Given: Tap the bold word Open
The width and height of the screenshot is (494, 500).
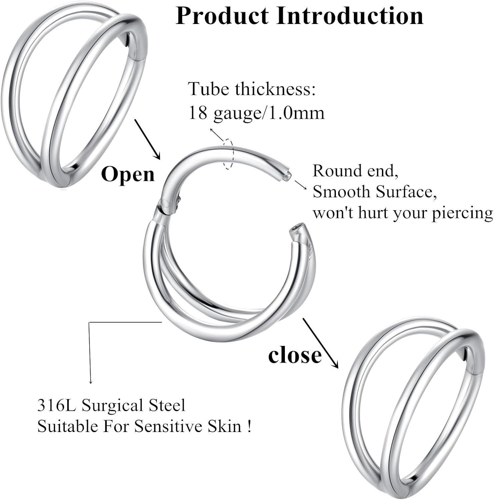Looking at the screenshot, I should tap(128, 174).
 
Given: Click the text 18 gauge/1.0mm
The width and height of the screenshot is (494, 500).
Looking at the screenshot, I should tap(256, 113).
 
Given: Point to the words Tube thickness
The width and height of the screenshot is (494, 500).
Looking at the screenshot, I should tap(252, 89).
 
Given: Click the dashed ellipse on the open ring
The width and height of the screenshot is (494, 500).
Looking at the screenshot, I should tap(228, 154).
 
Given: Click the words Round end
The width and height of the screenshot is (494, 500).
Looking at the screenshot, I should tap(355, 171).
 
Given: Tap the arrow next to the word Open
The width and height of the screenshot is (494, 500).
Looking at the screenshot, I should tap(147, 139).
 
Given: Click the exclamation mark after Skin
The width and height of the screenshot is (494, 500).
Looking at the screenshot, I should tap(250, 426).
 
